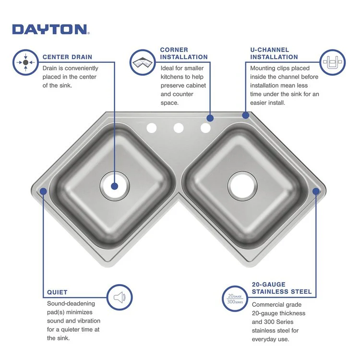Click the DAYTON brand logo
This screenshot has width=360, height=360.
[x=50, y=29]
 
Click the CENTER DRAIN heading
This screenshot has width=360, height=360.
[x=67, y=57]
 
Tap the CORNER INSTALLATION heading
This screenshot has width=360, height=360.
[x=184, y=53]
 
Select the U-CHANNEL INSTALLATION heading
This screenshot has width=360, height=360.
[x=274, y=53]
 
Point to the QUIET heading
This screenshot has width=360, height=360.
[x=57, y=292]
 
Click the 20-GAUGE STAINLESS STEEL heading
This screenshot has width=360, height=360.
[x=282, y=288]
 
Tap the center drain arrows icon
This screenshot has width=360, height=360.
[x=25, y=62]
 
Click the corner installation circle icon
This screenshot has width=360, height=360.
[x=143, y=62]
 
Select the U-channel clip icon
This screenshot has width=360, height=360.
[x=333, y=62]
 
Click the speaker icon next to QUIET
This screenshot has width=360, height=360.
[x=119, y=297]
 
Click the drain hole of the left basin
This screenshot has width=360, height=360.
[x=114, y=186]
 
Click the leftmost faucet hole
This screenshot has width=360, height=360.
[x=152, y=128]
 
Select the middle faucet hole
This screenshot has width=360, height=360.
[x=179, y=128]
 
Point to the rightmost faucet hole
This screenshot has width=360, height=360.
[x=205, y=128]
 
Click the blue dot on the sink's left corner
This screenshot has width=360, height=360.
[x=43, y=191]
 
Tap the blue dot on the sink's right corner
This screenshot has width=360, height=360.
[x=316, y=191]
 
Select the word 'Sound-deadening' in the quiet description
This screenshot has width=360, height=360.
[x=71, y=303]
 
